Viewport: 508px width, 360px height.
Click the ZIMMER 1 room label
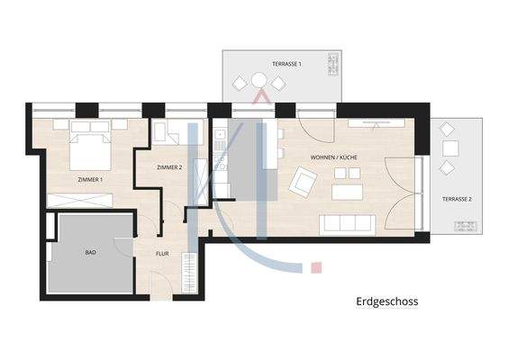(x=90, y=180)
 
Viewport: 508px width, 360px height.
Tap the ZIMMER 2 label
(x=169, y=168)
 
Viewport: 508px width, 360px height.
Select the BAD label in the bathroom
(x=90, y=253)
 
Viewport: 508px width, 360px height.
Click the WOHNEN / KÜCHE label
(x=334, y=158)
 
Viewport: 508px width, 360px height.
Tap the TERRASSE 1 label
(x=286, y=64)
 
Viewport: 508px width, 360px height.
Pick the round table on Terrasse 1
(x=259, y=84)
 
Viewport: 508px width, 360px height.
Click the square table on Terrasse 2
(x=449, y=148)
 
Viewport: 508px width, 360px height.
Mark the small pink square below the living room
(x=315, y=267)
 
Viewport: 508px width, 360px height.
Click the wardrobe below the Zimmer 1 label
(x=84, y=200)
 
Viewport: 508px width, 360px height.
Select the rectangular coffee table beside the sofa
(x=347, y=192)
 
